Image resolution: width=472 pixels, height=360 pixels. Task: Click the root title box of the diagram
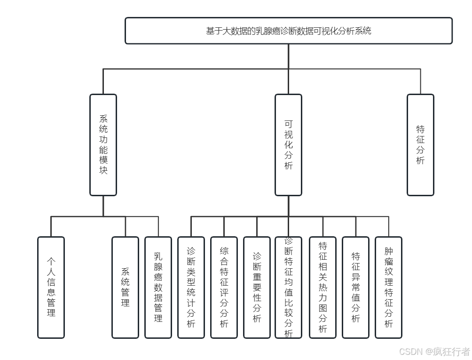(x=288, y=31)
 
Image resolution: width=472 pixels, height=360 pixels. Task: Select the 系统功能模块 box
(x=103, y=144)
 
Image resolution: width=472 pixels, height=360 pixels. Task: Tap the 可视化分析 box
(x=288, y=144)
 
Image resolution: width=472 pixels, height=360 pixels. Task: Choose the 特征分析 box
(x=420, y=144)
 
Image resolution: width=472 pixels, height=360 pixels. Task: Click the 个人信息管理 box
(x=51, y=287)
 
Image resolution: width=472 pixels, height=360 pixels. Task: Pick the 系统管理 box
(x=125, y=287)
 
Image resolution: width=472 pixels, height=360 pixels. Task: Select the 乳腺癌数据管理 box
(x=158, y=287)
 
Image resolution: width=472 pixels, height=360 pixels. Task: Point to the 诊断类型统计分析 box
(x=191, y=287)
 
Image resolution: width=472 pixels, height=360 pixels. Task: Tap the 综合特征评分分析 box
(x=224, y=287)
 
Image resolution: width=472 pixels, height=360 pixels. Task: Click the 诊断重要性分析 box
(x=257, y=287)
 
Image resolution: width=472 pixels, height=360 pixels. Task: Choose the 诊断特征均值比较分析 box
(x=288, y=287)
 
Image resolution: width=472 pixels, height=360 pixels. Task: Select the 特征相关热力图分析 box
(x=323, y=287)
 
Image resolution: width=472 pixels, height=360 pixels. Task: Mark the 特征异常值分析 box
(x=355, y=287)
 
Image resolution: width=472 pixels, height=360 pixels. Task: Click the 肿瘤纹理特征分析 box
(x=388, y=287)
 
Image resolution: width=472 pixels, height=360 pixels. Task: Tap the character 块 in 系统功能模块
(x=103, y=170)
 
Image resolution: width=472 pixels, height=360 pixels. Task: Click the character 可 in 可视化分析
(x=288, y=124)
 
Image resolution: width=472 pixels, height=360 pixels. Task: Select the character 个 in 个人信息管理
(x=51, y=262)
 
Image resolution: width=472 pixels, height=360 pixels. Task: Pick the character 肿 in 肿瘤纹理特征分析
(x=388, y=251)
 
